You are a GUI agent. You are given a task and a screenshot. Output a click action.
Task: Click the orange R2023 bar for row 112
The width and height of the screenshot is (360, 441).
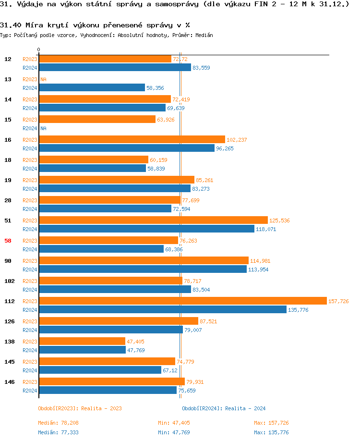[x=182, y=301]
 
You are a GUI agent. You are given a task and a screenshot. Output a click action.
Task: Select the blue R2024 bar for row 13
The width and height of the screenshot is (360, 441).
[x=92, y=88]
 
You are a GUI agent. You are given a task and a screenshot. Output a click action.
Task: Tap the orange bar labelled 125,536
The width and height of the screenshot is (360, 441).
[x=153, y=220]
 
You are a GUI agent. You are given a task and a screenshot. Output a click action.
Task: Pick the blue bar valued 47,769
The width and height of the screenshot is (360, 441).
[x=82, y=350]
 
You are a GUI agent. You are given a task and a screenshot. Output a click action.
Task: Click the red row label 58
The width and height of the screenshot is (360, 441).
[x=8, y=241]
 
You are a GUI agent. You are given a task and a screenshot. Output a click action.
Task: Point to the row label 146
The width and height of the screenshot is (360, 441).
[x=9, y=382]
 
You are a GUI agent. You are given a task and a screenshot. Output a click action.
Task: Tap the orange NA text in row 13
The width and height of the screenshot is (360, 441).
[x=43, y=79]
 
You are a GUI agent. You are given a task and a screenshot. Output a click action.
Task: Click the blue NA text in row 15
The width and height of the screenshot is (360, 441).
[x=43, y=128]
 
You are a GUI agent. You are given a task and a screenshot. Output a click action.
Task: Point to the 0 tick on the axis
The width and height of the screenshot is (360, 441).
[x=39, y=50]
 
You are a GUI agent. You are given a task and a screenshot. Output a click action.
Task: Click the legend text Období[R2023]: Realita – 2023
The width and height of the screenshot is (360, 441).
[x=80, y=408]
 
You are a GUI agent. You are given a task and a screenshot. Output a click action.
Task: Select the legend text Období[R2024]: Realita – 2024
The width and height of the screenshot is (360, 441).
[x=224, y=408]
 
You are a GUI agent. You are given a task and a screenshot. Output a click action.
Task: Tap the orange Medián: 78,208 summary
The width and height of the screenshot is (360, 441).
[x=59, y=423]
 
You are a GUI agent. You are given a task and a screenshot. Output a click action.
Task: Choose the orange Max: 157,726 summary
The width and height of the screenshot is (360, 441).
[x=271, y=423]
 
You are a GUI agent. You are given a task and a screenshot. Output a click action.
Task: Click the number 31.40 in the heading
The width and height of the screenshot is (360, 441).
[x=9, y=24]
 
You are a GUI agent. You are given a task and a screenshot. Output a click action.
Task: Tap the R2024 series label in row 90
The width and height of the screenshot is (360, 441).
[x=30, y=269]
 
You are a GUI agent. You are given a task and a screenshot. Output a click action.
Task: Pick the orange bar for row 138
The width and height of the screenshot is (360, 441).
[x=82, y=342]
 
